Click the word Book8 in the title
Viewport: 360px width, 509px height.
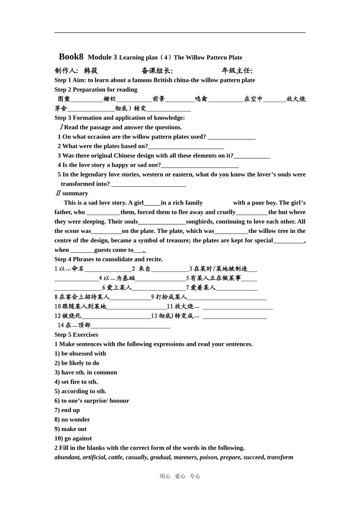tap(71, 57)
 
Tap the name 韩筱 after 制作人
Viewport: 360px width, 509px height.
tap(91, 70)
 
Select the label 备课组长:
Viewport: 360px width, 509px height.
tap(157, 70)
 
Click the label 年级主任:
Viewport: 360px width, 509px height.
tap(237, 70)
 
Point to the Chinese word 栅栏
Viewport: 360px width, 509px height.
tap(110, 99)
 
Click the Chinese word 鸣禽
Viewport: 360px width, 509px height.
tap(201, 99)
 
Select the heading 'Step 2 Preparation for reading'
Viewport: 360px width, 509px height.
tap(96, 89)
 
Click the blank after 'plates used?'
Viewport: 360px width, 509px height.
tap(232, 137)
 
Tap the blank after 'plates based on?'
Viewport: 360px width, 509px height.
tap(186, 147)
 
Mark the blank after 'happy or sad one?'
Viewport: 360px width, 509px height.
tap(200, 166)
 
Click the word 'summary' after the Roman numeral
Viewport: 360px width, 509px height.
tap(75, 193)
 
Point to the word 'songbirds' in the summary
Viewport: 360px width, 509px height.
tap(199, 222)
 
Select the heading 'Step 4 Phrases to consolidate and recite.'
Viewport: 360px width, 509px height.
tap(108, 259)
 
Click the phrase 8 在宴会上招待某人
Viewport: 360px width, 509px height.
tap(82, 297)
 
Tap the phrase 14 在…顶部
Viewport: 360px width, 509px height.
tap(74, 325)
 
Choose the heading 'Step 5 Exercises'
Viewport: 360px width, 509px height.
tap(76, 334)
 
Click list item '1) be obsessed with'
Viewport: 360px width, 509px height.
tap(80, 353)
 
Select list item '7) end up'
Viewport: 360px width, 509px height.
tap(67, 410)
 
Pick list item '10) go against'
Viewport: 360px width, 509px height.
tap(73, 438)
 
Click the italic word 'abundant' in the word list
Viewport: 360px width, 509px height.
tap(67, 457)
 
